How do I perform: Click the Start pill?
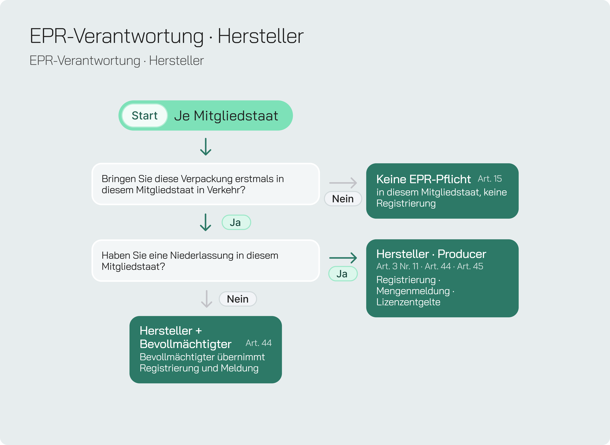coord(145,116)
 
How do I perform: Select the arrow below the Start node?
coord(206,147)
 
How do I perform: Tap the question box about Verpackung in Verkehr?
coord(206,184)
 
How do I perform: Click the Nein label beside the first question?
coord(343,199)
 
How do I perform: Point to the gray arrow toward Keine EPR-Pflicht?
coord(343,183)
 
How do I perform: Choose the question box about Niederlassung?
coord(206,261)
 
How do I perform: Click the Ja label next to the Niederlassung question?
coord(343,274)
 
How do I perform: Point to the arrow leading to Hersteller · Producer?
coord(343,258)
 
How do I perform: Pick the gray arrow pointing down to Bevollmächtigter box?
coord(207,299)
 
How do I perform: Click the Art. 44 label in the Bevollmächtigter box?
coord(258,343)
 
